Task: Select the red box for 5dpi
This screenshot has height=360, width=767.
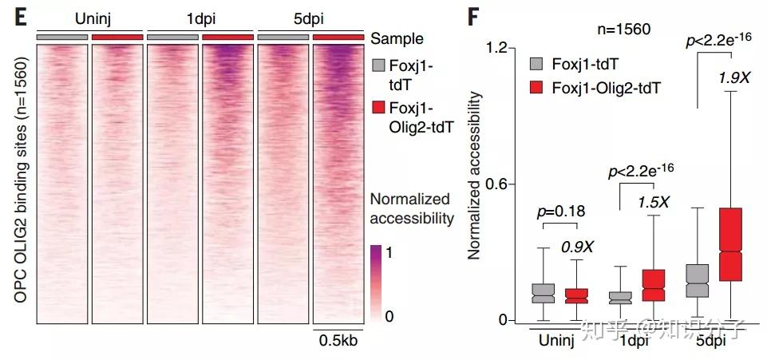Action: (741, 244)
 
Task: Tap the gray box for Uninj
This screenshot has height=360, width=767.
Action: (544, 292)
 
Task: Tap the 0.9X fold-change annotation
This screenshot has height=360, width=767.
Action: (575, 247)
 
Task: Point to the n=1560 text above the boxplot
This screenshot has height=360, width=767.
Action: (625, 29)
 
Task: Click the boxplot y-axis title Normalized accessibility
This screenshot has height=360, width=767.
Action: (473, 176)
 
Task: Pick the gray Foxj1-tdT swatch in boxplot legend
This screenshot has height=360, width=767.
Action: (538, 62)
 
